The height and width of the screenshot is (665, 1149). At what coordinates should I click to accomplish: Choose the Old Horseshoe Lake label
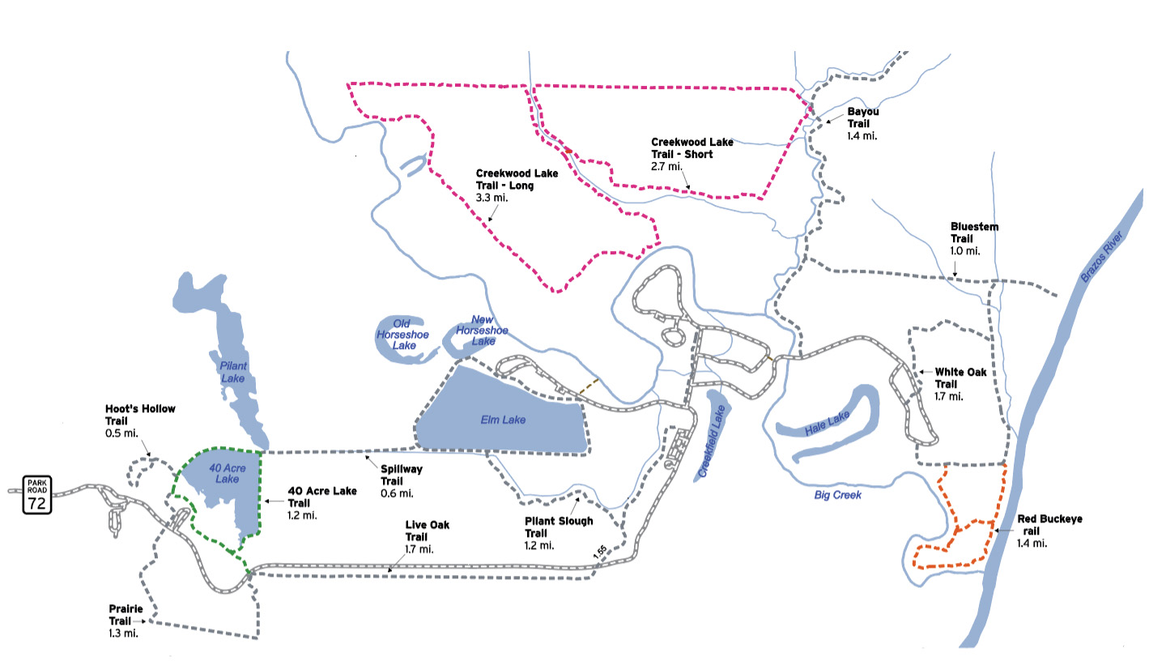pos(403,335)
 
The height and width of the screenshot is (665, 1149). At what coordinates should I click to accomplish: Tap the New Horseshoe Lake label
pos(482,330)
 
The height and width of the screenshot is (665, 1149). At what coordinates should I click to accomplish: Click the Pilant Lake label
pos(232,373)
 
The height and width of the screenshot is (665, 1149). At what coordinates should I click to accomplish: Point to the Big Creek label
pos(838,495)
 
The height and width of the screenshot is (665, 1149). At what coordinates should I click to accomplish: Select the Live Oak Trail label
pos(428,537)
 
